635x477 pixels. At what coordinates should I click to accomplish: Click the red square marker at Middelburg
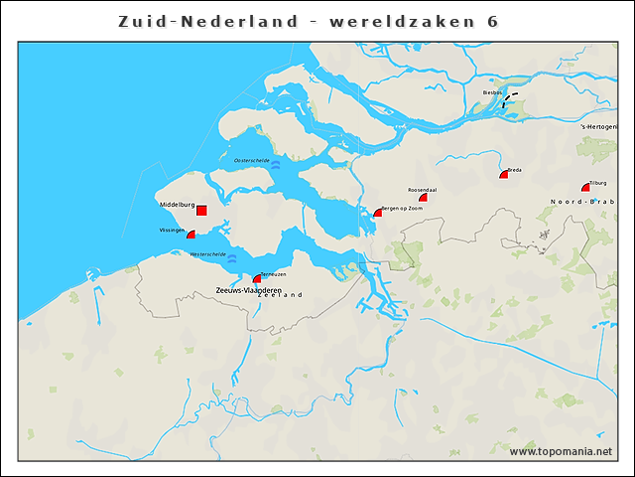[x=201, y=211]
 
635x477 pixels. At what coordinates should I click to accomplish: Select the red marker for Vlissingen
[x=190, y=235]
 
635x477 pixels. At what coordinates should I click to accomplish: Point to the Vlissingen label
[x=172, y=230]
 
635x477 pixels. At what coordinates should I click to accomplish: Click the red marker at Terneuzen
[x=257, y=279]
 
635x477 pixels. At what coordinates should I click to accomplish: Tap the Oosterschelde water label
[x=252, y=160]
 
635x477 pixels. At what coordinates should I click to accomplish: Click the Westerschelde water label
[x=207, y=254]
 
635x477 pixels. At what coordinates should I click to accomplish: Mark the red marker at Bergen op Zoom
[x=377, y=212]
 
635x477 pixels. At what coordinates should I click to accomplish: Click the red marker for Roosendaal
[x=423, y=198]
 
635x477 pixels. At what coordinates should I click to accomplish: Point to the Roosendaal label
[x=424, y=189]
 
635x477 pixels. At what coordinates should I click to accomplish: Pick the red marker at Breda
[x=504, y=174]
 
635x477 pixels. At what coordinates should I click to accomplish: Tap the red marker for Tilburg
[x=586, y=187]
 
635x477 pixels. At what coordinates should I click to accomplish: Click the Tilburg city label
[x=597, y=183]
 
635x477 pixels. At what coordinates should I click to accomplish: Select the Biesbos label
[x=492, y=92]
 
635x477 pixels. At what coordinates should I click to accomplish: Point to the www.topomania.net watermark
[x=561, y=451]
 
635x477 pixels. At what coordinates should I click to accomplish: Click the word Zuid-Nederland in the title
[x=207, y=21]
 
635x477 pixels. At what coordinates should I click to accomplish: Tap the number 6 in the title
[x=493, y=21]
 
